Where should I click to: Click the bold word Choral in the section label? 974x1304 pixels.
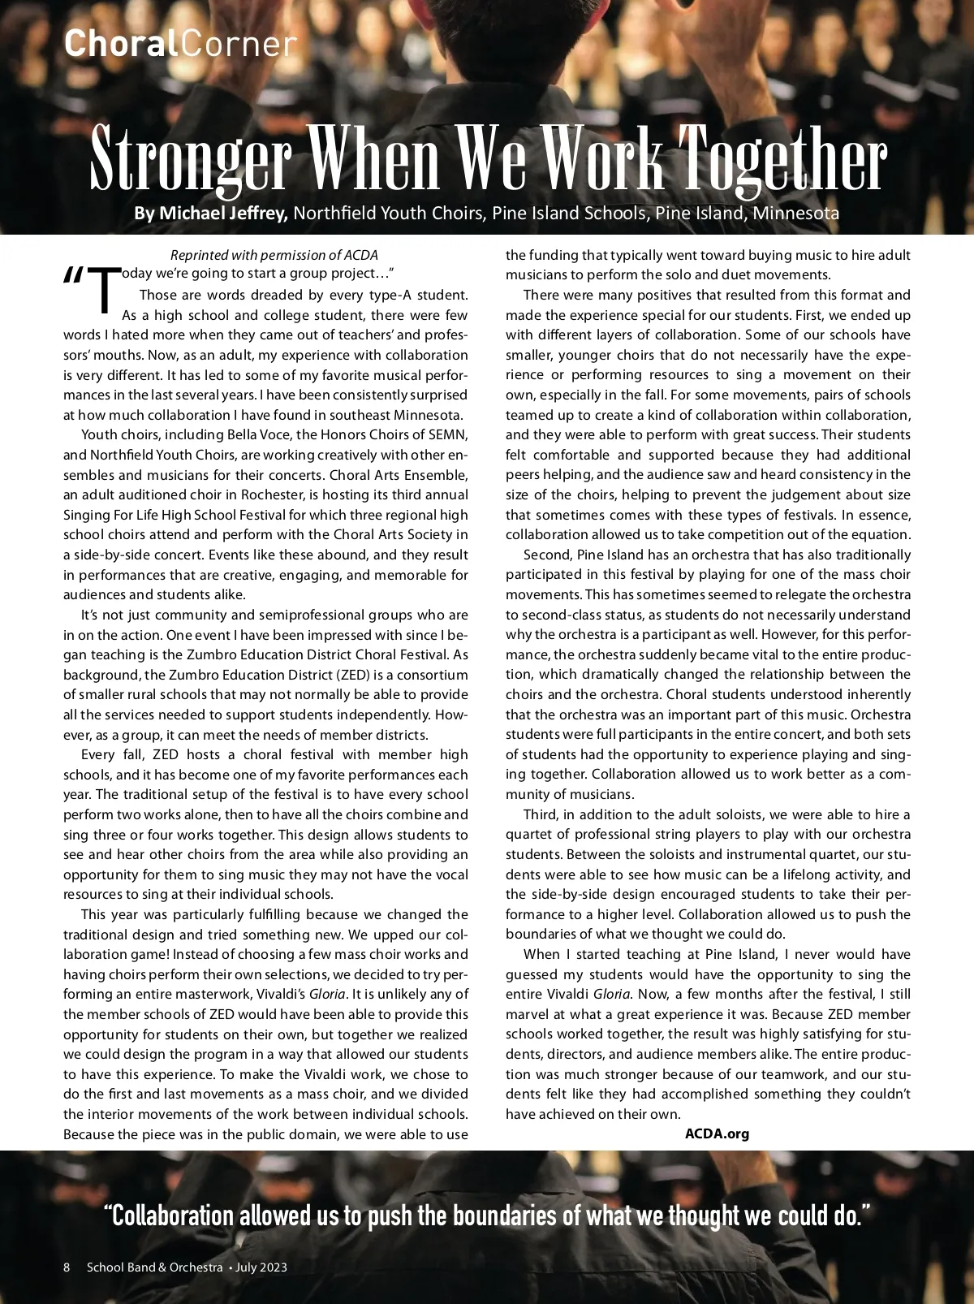pyautogui.click(x=121, y=43)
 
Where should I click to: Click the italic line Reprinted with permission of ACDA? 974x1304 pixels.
pyautogui.click(x=274, y=256)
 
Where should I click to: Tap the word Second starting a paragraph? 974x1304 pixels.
pyautogui.click(x=547, y=555)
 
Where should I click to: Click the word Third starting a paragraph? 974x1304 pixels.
pyautogui.click(x=541, y=814)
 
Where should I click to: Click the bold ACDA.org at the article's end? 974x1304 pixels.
pyautogui.click(x=717, y=1133)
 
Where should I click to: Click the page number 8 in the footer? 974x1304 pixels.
pyautogui.click(x=67, y=1267)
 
